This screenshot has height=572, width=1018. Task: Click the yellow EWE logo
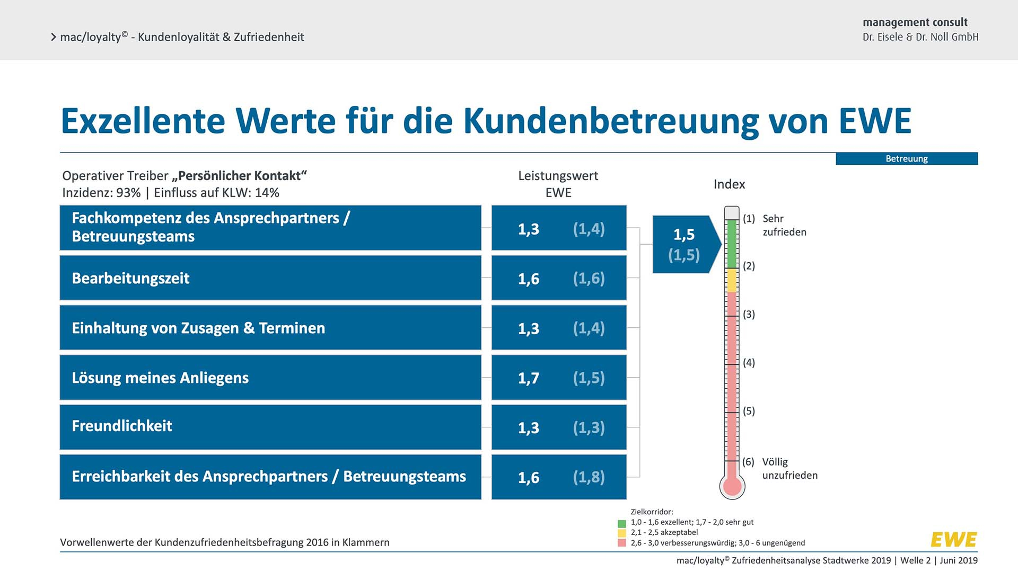953,540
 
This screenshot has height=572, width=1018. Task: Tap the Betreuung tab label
906,159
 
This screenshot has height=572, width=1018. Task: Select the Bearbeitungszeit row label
130,279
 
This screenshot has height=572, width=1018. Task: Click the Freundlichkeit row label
122,426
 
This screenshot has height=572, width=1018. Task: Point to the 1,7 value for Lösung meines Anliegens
528,378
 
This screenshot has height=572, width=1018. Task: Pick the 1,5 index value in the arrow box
683,235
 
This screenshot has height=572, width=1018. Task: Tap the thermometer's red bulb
732,486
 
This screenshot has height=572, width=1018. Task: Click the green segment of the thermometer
732,244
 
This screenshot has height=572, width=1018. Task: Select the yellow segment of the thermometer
732,280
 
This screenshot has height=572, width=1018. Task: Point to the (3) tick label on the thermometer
749,315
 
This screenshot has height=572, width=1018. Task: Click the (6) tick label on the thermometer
748,462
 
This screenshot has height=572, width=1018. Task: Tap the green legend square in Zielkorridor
622,523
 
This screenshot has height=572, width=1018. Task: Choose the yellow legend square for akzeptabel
622,533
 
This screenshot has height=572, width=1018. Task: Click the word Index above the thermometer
729,184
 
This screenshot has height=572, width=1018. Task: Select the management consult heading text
915,22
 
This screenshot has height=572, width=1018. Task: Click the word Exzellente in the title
143,121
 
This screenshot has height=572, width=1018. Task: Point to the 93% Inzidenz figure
128,193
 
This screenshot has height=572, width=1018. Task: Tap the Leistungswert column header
558,176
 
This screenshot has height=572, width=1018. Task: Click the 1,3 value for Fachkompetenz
528,229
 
